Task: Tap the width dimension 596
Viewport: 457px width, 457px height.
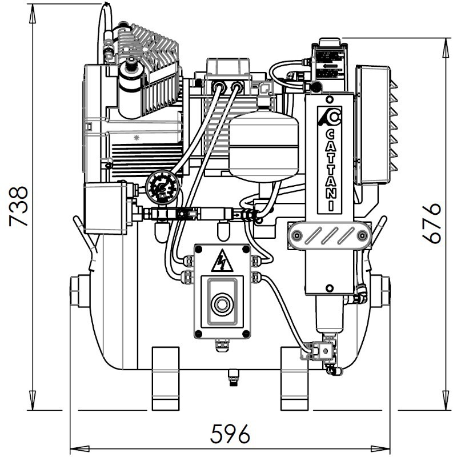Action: [230, 435]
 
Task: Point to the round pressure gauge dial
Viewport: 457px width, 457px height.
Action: [161, 188]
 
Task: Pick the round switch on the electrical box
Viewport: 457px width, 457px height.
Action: [222, 304]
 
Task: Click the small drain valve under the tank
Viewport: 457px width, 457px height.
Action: [232, 378]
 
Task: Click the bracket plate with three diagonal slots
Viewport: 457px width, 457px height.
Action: [329, 235]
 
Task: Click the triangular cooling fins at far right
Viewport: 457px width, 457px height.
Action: [393, 126]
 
